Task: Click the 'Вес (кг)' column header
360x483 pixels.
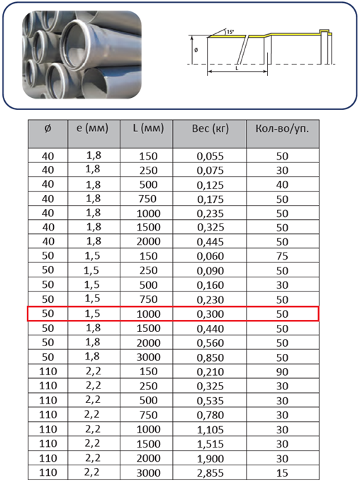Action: (x=210, y=128)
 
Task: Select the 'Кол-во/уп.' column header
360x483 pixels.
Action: (x=282, y=128)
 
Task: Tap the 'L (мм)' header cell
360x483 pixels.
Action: (x=148, y=128)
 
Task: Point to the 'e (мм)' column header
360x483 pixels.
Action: (x=93, y=128)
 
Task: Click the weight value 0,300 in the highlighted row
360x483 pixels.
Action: (x=210, y=314)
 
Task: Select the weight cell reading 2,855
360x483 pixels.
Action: (x=210, y=473)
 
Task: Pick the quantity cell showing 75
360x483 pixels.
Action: (x=282, y=256)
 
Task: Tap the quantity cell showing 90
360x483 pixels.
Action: (x=282, y=372)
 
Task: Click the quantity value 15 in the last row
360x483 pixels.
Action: (x=282, y=473)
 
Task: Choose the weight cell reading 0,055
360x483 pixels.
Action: (x=210, y=157)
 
